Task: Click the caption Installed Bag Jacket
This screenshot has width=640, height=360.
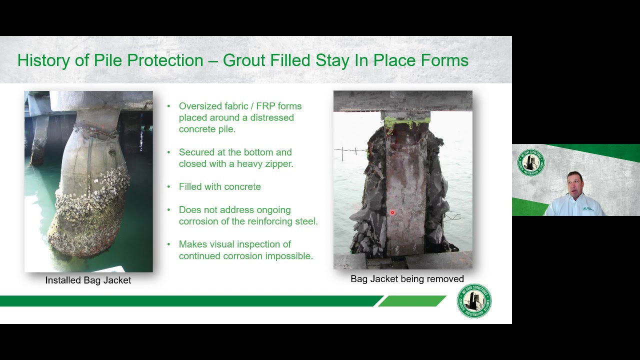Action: (x=88, y=280)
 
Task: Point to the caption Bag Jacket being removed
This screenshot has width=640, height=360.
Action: (x=407, y=279)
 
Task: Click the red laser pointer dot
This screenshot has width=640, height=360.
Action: (x=392, y=213)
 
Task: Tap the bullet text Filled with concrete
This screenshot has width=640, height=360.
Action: (x=219, y=186)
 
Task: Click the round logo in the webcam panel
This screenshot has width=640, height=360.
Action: (x=530, y=162)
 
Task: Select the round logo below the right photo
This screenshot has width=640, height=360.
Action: (x=474, y=301)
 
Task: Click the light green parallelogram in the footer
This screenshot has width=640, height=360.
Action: (x=412, y=301)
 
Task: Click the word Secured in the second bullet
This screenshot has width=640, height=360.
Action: (x=196, y=152)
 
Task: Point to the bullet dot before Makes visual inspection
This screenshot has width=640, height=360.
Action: (x=168, y=244)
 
